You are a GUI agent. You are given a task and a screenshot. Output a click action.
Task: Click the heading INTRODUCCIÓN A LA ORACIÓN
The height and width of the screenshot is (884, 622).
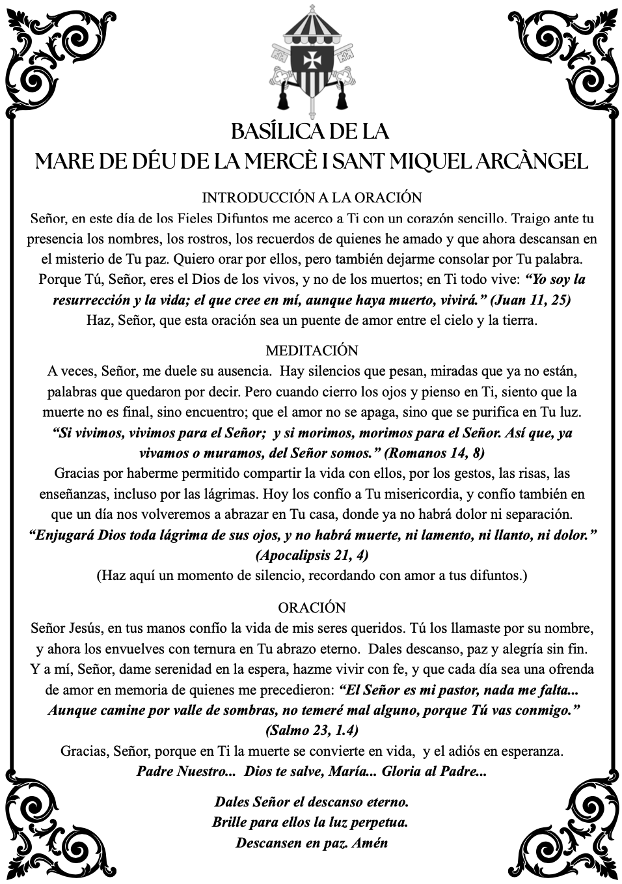click(312, 197)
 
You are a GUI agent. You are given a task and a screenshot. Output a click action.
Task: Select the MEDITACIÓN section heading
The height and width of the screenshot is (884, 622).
click(312, 351)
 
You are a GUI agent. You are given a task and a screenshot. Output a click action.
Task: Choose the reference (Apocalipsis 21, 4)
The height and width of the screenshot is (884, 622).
click(312, 555)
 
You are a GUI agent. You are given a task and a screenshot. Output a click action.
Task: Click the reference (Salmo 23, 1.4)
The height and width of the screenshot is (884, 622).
click(312, 730)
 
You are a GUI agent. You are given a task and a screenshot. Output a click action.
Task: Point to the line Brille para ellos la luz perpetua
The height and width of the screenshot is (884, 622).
click(310, 822)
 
